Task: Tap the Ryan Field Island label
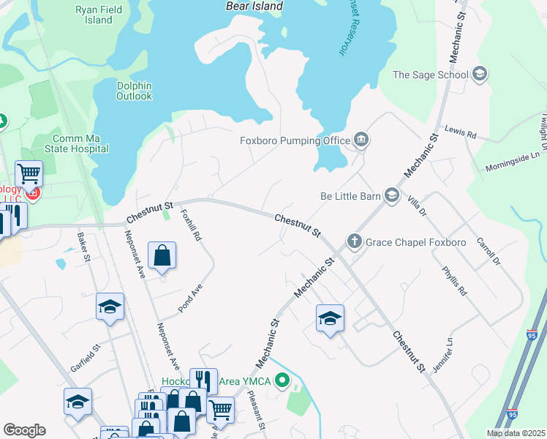pos(94,15)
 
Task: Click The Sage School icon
pos(480,74)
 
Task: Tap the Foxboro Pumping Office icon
pos(361,140)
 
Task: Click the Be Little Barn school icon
pos(392,195)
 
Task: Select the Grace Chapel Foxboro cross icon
pos(354,241)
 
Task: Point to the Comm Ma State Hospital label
pos(80,143)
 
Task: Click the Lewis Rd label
pos(460,135)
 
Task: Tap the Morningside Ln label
pos(516,161)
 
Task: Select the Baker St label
pos(83,247)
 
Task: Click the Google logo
pos(24,430)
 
